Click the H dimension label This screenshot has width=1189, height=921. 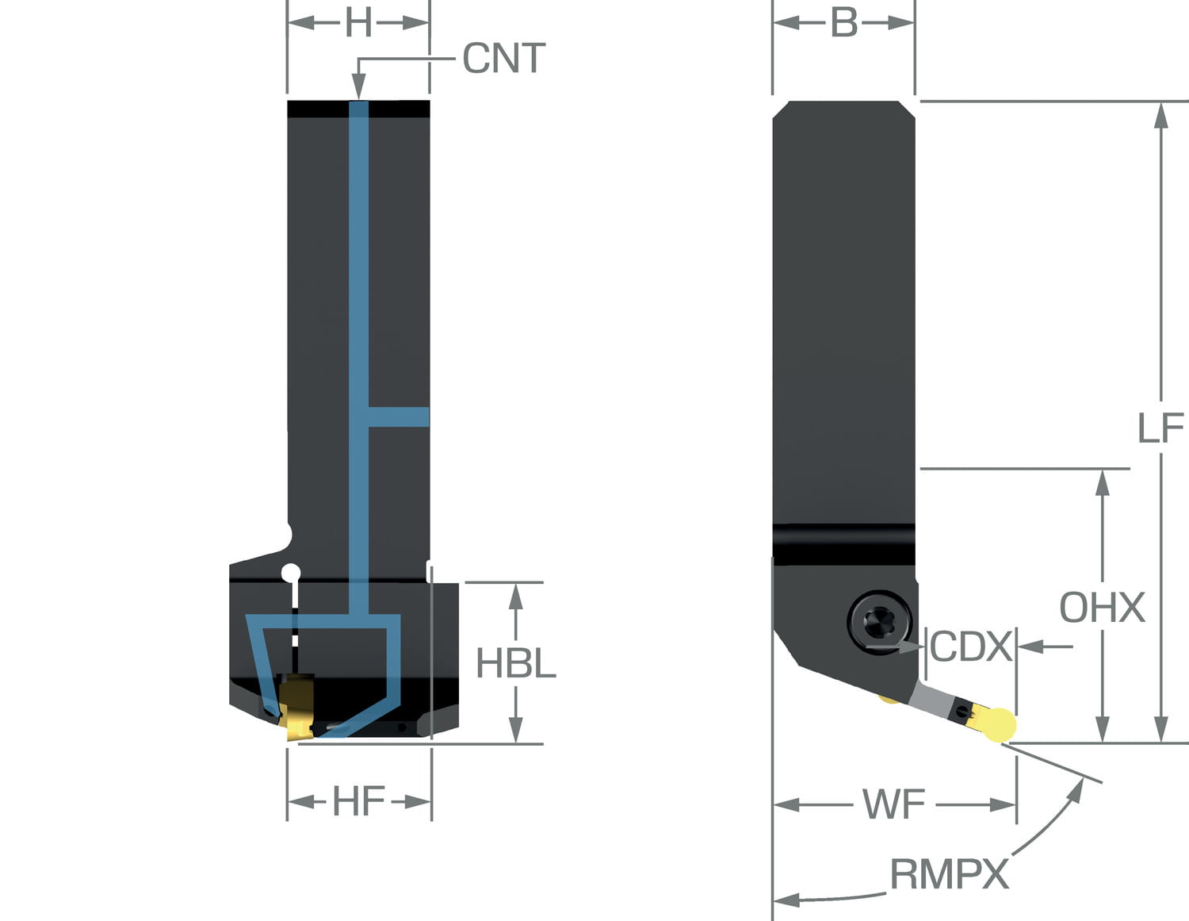358,23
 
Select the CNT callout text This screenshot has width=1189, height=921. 504,59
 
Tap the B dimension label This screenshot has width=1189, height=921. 844,23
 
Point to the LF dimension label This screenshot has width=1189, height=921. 1160,429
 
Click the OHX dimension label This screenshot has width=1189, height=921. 1102,608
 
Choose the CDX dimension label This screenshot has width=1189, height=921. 971,647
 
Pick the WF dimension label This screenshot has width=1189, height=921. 894,804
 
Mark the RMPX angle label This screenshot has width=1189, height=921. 949,874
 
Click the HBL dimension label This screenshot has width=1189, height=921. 516,663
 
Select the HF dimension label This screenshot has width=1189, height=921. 358,802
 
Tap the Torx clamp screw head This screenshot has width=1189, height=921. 878,620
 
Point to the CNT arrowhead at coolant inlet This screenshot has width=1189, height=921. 358,89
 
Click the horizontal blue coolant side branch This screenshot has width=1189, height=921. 399,417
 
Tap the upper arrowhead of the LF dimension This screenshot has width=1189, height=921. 1160,115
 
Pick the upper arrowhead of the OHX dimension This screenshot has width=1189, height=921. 1102,482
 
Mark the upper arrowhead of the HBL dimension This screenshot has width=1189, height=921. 516,596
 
